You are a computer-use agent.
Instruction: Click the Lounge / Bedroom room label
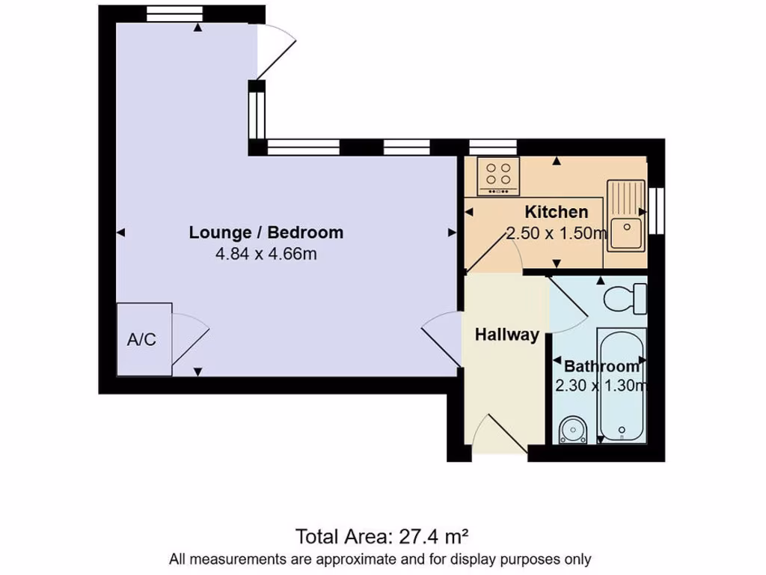coord(266,232)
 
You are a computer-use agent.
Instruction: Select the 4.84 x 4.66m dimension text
coord(266,254)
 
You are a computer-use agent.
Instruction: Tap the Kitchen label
coord(556,212)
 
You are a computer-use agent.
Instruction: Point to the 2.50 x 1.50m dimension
coord(557,234)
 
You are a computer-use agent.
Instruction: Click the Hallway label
coord(506,335)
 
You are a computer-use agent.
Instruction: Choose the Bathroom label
coord(601,366)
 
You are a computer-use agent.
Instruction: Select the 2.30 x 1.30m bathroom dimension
coord(600,386)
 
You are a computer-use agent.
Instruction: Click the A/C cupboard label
coord(141,339)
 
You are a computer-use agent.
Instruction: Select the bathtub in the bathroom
coord(621,386)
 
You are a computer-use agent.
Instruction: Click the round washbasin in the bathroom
coord(574,431)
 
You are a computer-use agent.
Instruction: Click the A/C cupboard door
coord(189,341)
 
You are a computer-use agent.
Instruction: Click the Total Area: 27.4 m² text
coord(382,536)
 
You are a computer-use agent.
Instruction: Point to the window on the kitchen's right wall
coord(657,210)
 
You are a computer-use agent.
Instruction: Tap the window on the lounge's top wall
coord(174,13)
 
